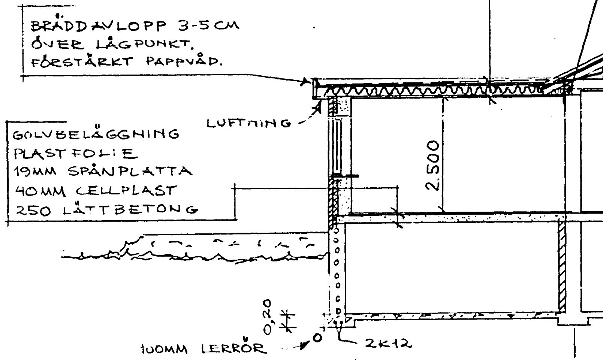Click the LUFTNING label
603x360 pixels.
(249, 123)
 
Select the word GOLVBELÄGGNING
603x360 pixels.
(96, 134)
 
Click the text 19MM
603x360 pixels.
(36, 172)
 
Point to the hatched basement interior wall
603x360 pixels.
(561, 266)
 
